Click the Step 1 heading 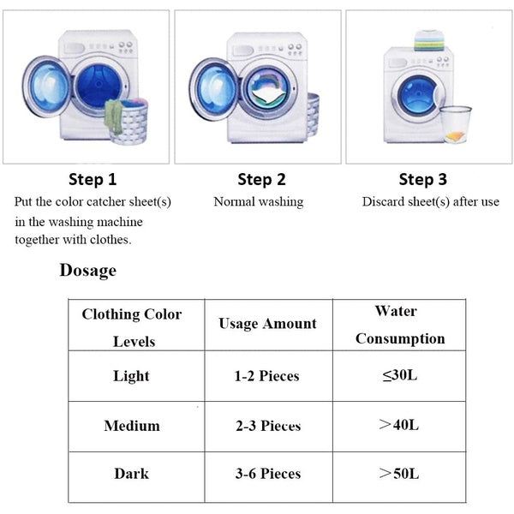click(92, 180)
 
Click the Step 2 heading click(261, 180)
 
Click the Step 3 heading click(422, 180)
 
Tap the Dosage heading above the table click(87, 271)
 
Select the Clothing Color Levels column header click(132, 326)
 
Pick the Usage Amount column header click(267, 324)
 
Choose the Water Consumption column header click(400, 325)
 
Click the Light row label click(131, 376)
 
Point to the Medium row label click(132, 426)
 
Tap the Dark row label click(131, 474)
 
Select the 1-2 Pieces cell click(268, 376)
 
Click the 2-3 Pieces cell click(268, 426)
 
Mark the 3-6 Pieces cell click(268, 474)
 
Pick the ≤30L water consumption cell click(399, 376)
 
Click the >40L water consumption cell click(399, 426)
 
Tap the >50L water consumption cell click(399, 474)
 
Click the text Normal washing click(258, 202)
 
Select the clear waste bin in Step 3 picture click(456, 123)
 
